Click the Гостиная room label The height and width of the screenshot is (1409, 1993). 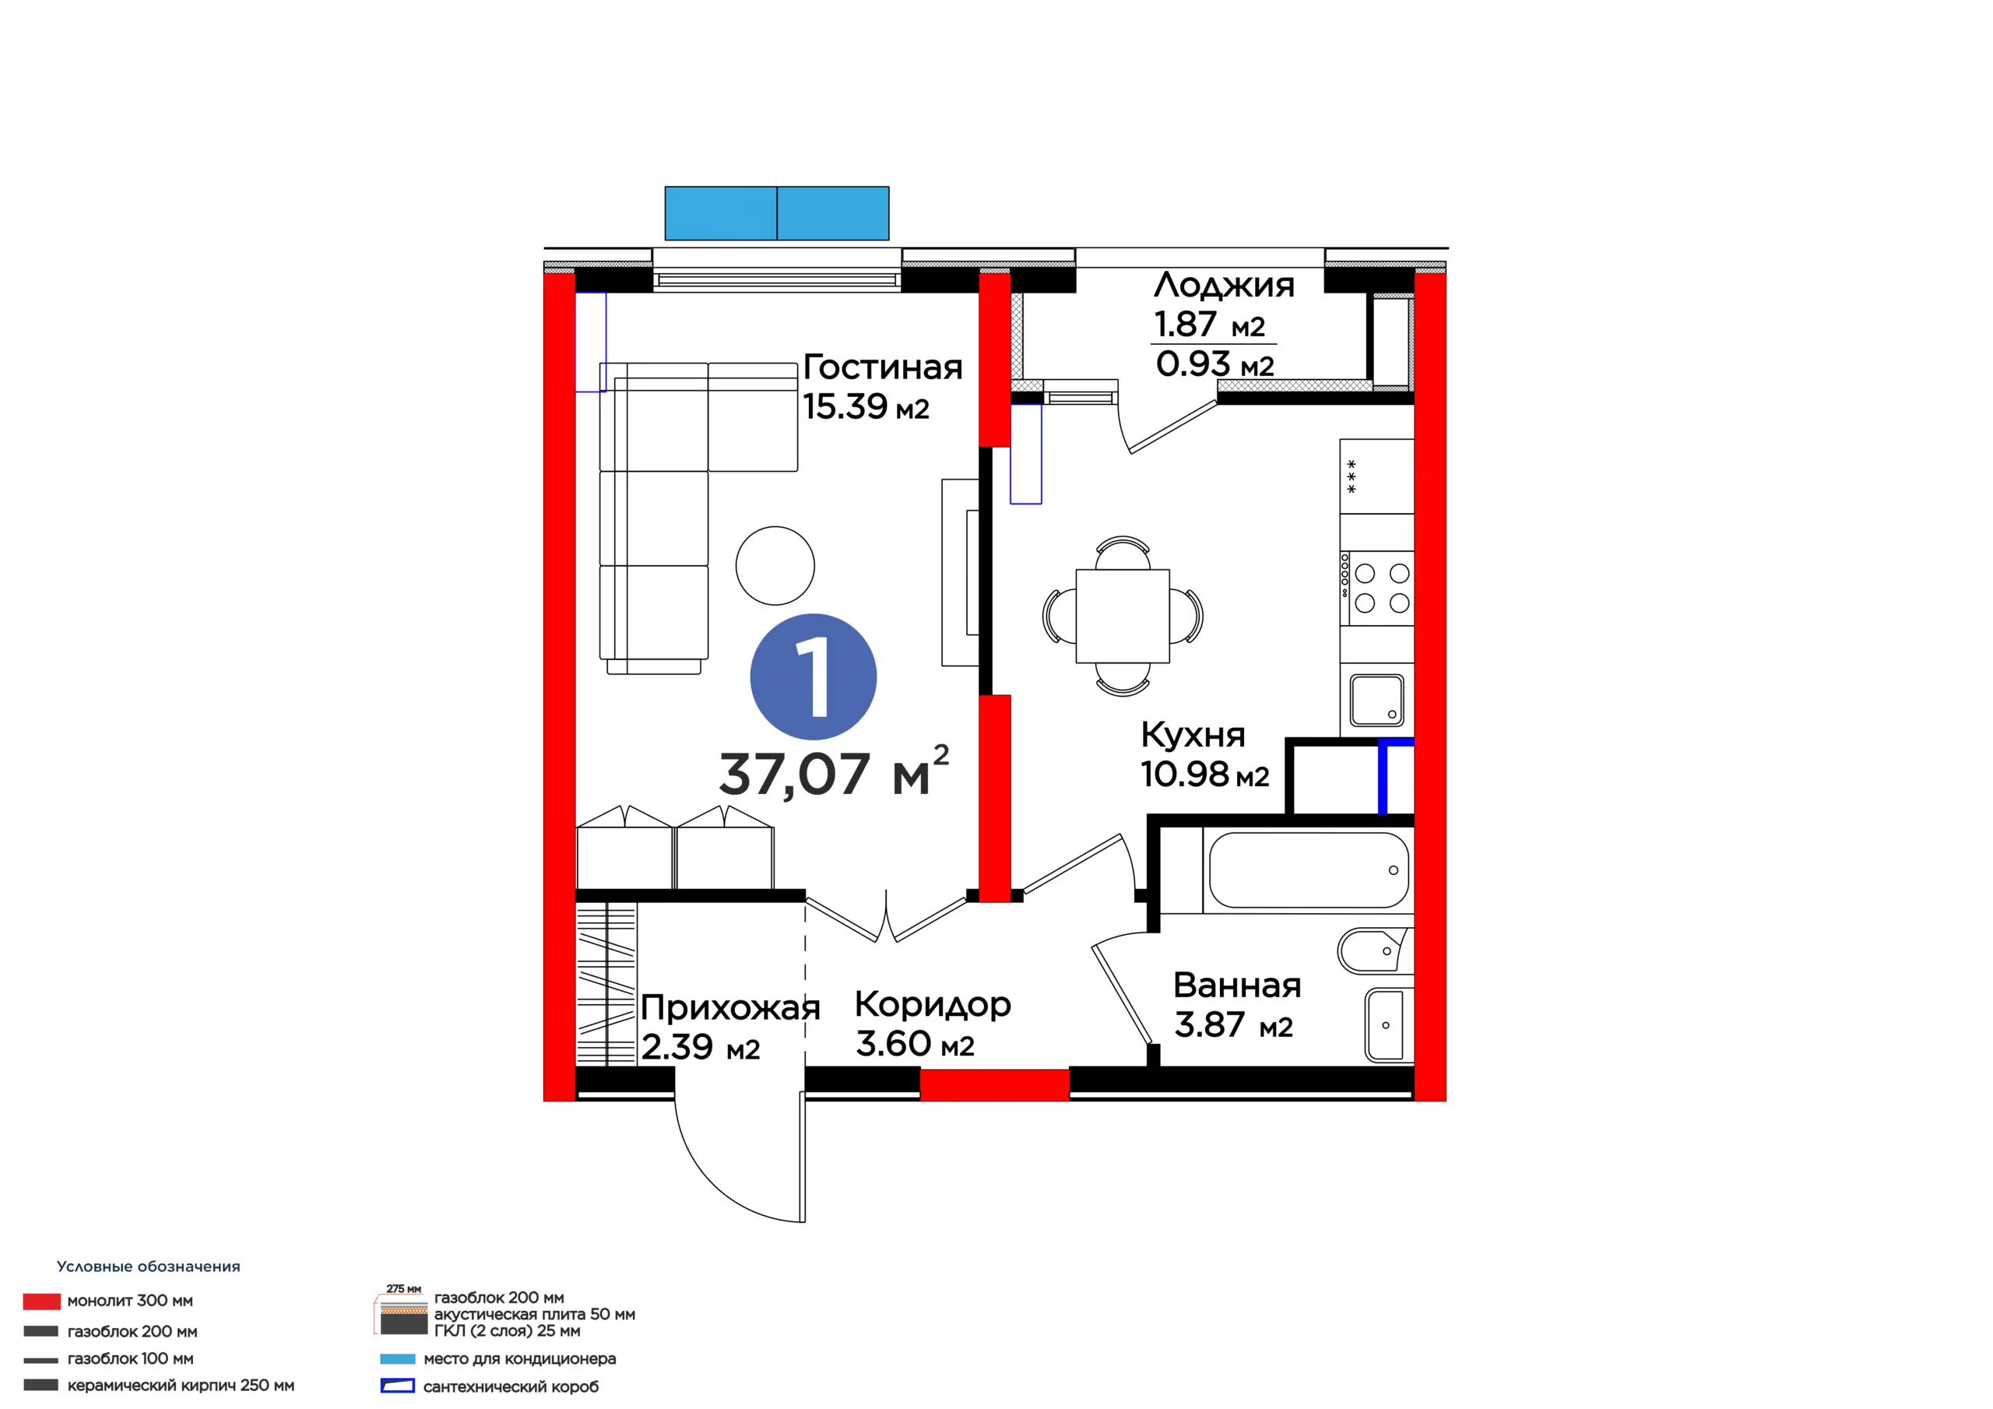click(x=883, y=367)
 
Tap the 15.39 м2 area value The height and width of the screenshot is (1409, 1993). click(x=866, y=406)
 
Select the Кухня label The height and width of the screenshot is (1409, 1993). click(x=1193, y=734)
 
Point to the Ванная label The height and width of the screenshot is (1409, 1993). click(x=1237, y=986)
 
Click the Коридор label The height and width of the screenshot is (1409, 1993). click(x=933, y=1005)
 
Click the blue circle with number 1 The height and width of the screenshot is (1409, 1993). click(x=814, y=677)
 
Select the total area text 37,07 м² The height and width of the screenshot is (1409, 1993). click(x=834, y=771)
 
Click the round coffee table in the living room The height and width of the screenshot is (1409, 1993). click(x=775, y=565)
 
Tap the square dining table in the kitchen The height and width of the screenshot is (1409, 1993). click(x=1123, y=616)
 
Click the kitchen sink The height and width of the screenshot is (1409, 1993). click(x=1376, y=700)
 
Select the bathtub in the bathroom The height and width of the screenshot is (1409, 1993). click(x=1307, y=870)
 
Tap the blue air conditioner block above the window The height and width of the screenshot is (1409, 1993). click(x=777, y=213)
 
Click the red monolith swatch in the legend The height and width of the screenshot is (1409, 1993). click(x=42, y=1302)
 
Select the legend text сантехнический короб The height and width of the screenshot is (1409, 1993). click(x=511, y=1387)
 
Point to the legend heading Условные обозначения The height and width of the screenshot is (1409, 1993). click(x=149, y=1267)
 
